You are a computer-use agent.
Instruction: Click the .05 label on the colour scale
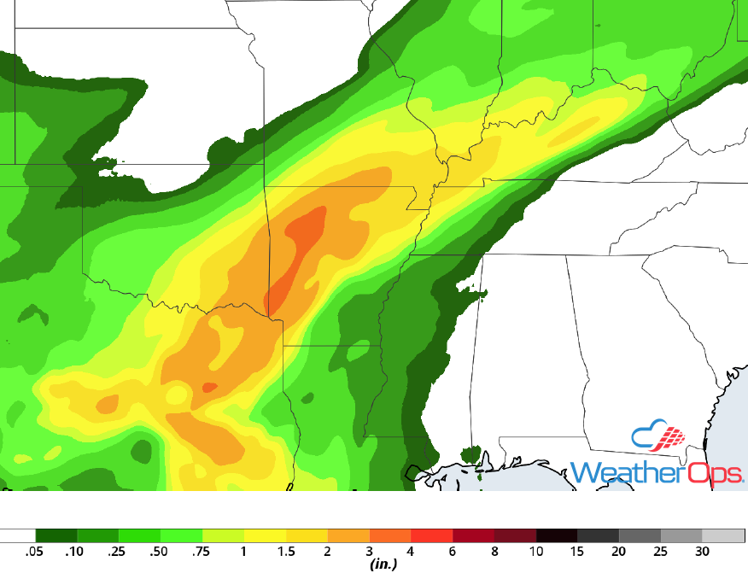(36, 551)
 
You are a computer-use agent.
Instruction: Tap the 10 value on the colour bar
(536, 551)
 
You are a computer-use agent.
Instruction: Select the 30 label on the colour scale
(702, 551)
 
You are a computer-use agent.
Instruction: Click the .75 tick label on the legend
(202, 551)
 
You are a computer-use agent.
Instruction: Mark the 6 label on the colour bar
(453, 551)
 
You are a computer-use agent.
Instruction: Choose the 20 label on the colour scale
(619, 551)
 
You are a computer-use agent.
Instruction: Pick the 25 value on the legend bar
(661, 551)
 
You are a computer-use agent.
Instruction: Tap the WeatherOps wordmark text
(656, 472)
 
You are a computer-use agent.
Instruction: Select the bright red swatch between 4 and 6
(432, 536)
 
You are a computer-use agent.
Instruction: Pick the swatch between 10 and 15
(557, 536)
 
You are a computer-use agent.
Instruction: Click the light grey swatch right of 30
(723, 536)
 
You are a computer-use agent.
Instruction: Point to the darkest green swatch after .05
(56, 536)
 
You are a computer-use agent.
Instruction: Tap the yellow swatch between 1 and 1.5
(265, 536)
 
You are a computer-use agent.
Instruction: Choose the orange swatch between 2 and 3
(348, 536)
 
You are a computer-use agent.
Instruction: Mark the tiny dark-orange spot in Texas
(208, 387)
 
